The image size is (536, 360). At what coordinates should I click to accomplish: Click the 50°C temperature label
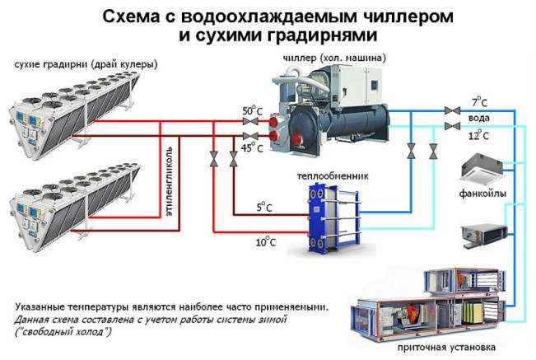click(252, 110)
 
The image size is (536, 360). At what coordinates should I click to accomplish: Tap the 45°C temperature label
click(252, 147)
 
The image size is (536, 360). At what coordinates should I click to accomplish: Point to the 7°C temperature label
click(480, 101)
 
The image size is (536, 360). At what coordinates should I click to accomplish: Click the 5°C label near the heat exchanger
click(264, 208)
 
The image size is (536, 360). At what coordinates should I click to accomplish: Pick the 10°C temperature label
click(264, 242)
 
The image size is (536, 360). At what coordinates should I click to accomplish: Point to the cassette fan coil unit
click(481, 168)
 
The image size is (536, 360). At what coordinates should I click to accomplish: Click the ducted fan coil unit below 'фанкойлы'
click(481, 233)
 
